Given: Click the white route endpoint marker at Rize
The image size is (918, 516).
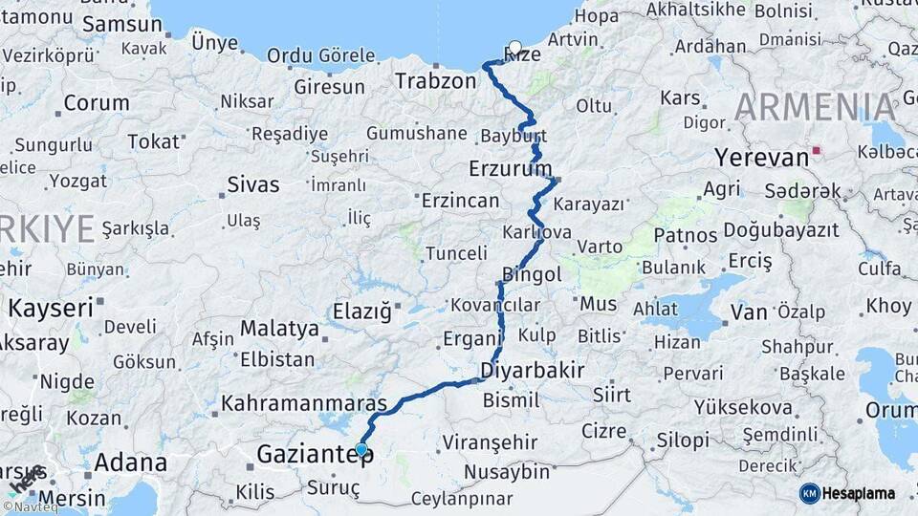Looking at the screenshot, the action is click(x=515, y=47).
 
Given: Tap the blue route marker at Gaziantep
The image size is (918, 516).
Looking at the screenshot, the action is click(x=361, y=449).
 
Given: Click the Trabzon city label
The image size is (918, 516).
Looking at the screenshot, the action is click(x=435, y=81).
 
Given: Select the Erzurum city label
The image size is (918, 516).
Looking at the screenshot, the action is click(x=511, y=169).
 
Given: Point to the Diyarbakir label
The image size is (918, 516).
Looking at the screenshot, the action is click(x=533, y=370).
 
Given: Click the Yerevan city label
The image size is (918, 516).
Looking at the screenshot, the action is click(x=761, y=157).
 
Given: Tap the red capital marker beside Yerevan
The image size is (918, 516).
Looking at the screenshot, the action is click(x=815, y=150).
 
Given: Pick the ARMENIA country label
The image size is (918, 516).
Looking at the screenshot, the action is click(x=817, y=107).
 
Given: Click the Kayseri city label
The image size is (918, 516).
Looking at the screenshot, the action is click(x=51, y=308).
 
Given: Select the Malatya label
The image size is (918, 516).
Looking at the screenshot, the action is click(x=279, y=329).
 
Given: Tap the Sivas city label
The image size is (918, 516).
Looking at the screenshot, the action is click(x=253, y=184).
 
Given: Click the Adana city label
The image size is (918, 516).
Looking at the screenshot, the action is click(x=130, y=463).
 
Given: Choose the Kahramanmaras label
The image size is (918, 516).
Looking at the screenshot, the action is click(x=304, y=403).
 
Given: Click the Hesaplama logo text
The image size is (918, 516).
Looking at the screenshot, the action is click(x=860, y=493).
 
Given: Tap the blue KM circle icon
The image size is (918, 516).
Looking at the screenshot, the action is click(x=809, y=493).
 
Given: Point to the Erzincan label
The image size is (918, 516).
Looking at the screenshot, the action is click(x=461, y=201).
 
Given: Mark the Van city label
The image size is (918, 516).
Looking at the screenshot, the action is click(x=749, y=312).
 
